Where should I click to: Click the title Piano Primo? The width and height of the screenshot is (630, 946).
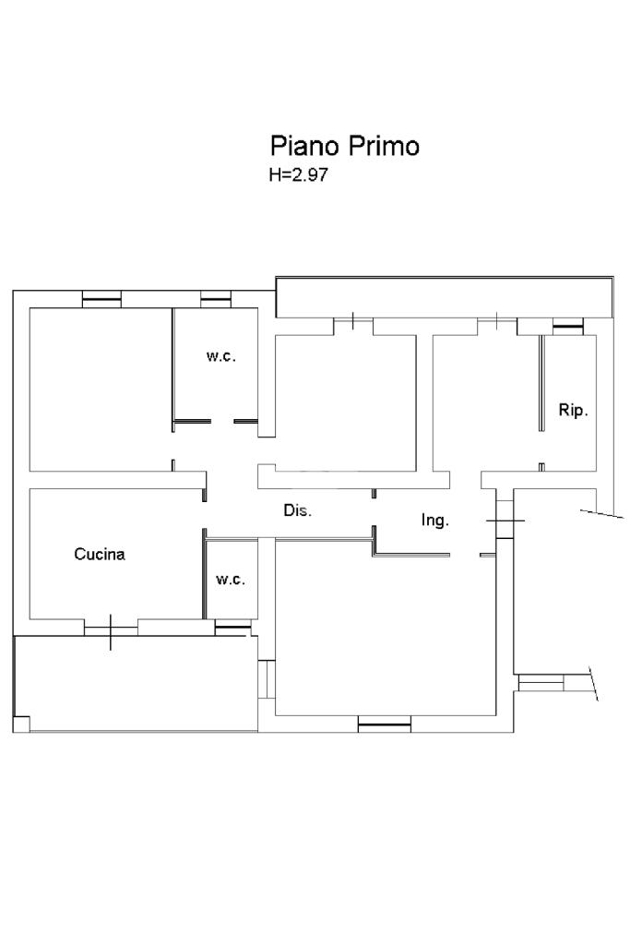point(344,147)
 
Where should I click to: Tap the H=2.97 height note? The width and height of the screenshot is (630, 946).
point(299,175)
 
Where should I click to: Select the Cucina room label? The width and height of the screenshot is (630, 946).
point(100,554)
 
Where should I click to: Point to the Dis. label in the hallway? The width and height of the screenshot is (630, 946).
point(298,510)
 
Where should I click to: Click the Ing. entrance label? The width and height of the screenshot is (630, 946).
point(434,520)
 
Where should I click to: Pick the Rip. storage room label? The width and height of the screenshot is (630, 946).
point(573,411)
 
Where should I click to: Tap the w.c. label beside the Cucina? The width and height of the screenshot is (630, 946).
point(231,580)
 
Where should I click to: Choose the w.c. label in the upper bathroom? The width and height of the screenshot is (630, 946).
point(220,356)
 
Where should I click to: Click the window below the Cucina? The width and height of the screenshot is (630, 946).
point(111,630)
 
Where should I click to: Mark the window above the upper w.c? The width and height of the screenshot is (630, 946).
point(216,299)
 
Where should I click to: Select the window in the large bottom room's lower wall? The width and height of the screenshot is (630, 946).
point(384,724)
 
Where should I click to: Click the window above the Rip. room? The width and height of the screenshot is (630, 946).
point(568,327)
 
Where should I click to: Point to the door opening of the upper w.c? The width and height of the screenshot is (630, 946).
point(222,421)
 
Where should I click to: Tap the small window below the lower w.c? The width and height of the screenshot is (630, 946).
point(232,629)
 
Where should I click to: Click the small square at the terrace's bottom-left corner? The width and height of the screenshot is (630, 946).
point(21,724)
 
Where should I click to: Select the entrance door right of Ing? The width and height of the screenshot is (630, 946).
point(504,520)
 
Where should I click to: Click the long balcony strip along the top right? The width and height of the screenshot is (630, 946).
point(445,297)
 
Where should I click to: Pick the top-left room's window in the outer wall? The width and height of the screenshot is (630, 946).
point(101,299)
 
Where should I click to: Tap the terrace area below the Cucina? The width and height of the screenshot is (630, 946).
point(136,684)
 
